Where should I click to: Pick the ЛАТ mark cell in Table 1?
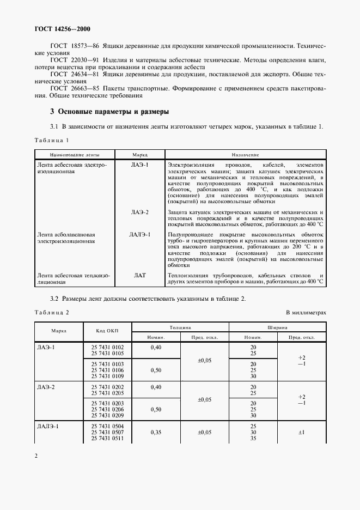[x=140, y=276]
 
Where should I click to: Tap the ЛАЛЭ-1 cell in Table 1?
[x=140, y=235]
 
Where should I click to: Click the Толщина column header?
[x=180, y=327]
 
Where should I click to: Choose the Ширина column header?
[x=277, y=327]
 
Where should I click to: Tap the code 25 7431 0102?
[x=107, y=347]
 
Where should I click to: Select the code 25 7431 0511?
[x=107, y=438]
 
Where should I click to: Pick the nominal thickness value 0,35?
[x=156, y=432]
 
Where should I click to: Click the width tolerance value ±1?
[x=302, y=432]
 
